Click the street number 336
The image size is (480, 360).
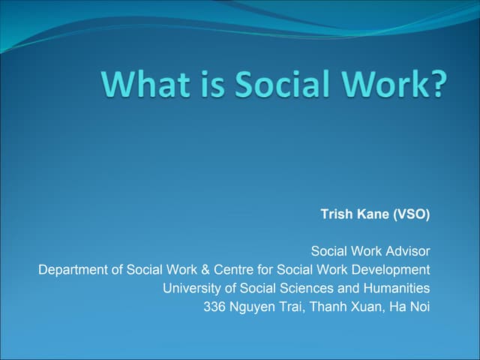[x=214, y=306]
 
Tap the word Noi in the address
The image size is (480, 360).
[x=420, y=306]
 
